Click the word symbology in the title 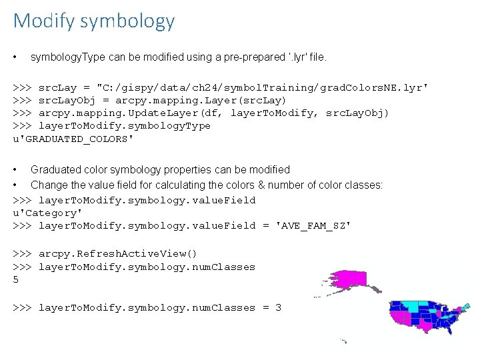tap(127, 21)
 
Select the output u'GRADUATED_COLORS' tap(73, 139)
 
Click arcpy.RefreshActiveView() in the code tap(118, 253)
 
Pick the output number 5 tap(16, 280)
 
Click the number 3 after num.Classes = tap(278, 307)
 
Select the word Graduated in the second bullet tap(54, 170)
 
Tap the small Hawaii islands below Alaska tap(343, 341)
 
